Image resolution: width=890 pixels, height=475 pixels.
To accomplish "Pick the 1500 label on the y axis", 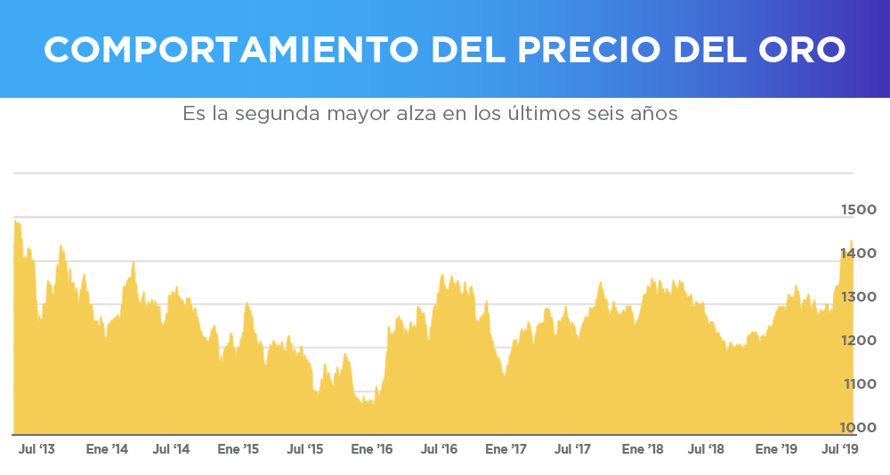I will (x=859, y=210).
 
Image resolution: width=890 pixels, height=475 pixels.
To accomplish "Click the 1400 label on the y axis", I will (x=859, y=254).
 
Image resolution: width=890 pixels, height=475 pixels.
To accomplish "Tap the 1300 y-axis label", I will (x=859, y=297).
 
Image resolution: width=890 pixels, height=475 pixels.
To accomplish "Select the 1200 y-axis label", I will (x=859, y=341).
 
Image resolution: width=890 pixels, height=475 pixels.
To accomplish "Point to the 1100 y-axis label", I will (x=859, y=384).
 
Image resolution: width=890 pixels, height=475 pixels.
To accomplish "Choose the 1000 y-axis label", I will (x=859, y=428).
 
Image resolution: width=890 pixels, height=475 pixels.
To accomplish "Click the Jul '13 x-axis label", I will (x=36, y=449).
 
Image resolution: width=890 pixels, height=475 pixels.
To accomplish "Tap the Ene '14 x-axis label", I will (x=107, y=449).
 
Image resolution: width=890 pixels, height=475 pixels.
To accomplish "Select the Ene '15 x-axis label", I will (x=239, y=449).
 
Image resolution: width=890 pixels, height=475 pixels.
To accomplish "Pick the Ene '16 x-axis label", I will (x=372, y=449).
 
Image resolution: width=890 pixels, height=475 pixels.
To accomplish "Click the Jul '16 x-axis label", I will (x=439, y=449).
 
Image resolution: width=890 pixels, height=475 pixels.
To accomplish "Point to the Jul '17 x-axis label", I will (x=572, y=449).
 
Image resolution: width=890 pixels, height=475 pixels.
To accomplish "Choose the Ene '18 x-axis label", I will (x=643, y=449).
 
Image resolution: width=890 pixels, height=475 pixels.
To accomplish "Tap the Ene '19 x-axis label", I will (x=776, y=449).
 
